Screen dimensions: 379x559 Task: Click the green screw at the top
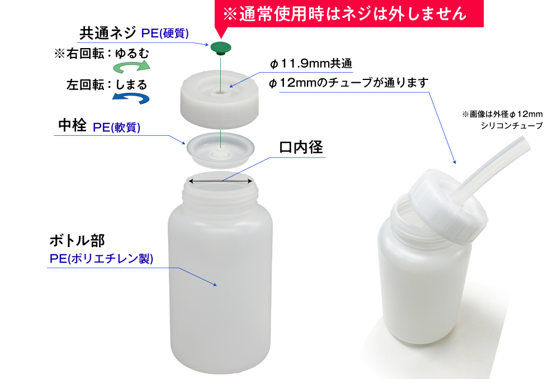221,48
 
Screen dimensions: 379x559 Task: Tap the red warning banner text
344,14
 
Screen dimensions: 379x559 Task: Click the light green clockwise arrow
132,67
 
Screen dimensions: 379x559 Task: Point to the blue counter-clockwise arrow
131,98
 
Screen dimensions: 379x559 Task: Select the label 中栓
72,126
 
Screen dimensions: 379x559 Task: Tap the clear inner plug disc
221,148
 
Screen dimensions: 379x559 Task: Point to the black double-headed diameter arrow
220,181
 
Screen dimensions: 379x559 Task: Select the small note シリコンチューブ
511,126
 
